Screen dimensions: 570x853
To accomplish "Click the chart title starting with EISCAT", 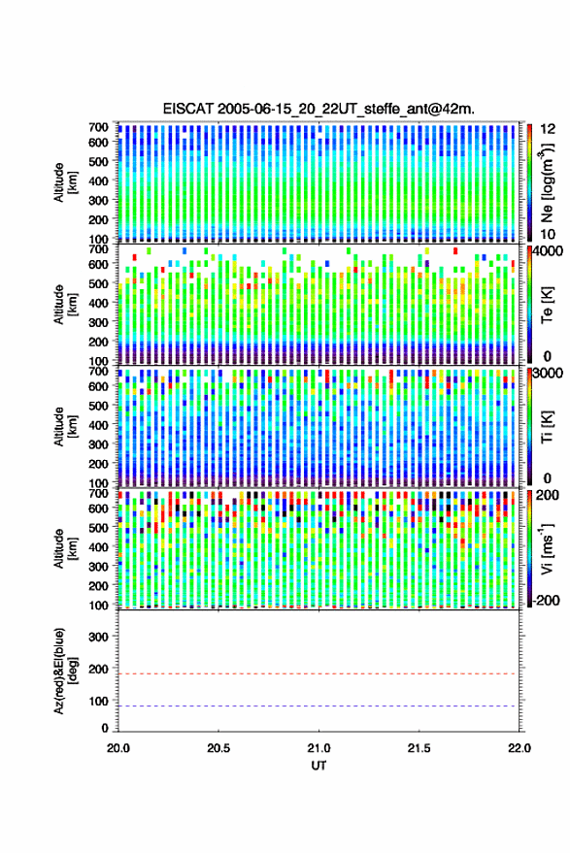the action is pyautogui.click(x=319, y=109).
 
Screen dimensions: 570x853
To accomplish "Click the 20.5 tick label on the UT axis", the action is pyautogui.click(x=218, y=748).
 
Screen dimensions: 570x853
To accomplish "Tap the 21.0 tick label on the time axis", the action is pyautogui.click(x=319, y=748).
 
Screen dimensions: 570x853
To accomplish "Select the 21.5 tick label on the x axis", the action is pyautogui.click(x=419, y=748).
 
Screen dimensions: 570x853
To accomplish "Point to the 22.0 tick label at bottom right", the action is pyautogui.click(x=519, y=748).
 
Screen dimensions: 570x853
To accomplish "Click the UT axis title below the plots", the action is pyautogui.click(x=319, y=766).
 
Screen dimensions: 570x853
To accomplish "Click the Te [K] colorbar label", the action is pyautogui.click(x=547, y=305).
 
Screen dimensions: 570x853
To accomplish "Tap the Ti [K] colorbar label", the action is pyautogui.click(x=547, y=427).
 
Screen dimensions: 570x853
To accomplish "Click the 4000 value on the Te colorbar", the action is pyautogui.click(x=546, y=251).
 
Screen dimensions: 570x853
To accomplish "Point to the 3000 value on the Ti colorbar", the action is pyautogui.click(x=547, y=374).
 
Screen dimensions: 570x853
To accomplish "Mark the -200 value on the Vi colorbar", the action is pyautogui.click(x=546, y=601).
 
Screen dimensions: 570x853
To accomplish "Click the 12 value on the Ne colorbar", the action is pyautogui.click(x=548, y=129).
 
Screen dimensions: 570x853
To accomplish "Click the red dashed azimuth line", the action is pyautogui.click(x=319, y=674).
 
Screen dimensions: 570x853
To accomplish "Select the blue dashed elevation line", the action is pyautogui.click(x=319, y=706).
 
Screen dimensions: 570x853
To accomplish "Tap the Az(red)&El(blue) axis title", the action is pyautogui.click(x=64, y=671).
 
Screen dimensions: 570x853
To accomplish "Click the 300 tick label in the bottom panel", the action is pyautogui.click(x=98, y=637).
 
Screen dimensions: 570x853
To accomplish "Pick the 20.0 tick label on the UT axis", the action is pyautogui.click(x=118, y=748).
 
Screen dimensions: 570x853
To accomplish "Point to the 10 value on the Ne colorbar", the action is pyautogui.click(x=548, y=235).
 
